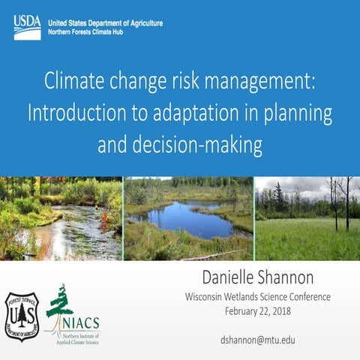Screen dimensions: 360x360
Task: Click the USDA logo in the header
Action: click(27, 27)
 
